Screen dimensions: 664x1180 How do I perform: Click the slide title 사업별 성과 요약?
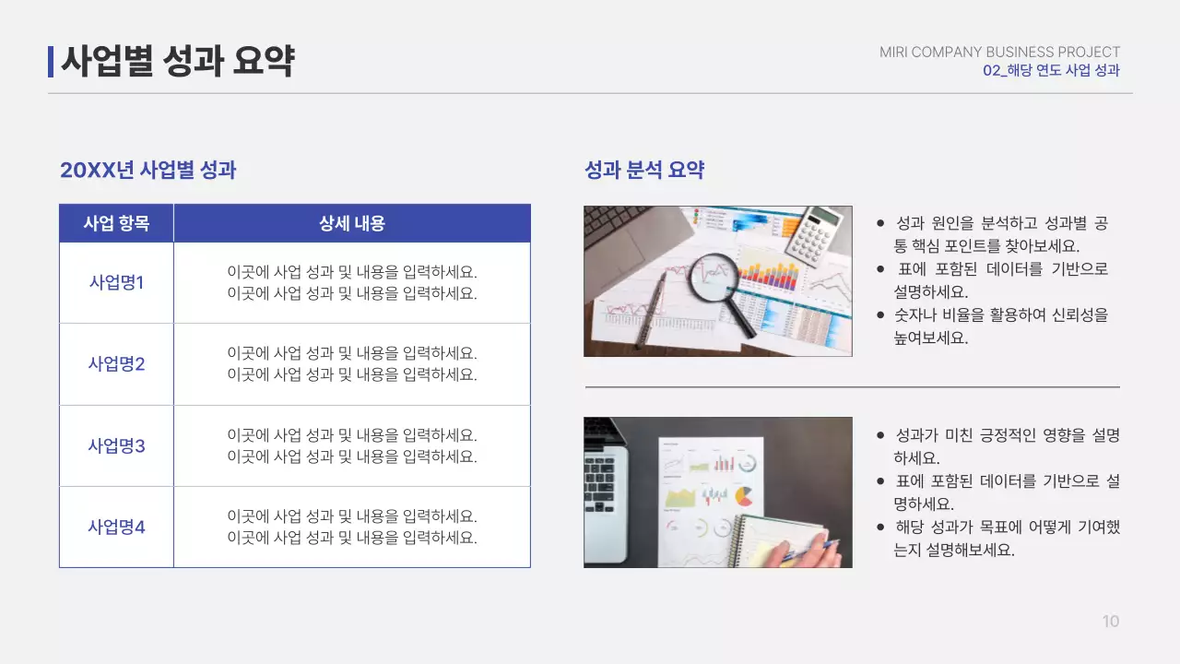click(178, 62)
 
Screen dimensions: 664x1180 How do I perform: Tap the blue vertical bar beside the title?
click(51, 62)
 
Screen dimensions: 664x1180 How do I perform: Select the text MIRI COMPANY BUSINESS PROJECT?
click(999, 53)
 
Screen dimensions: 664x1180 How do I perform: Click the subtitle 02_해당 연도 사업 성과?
click(1051, 71)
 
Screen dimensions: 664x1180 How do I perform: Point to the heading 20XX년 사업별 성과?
click(148, 170)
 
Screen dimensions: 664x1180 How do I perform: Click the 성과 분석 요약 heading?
click(644, 170)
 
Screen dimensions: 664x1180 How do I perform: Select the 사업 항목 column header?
click(116, 223)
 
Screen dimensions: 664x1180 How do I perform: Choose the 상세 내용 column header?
click(352, 223)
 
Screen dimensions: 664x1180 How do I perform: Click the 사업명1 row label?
click(116, 283)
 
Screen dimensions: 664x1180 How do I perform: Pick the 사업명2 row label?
click(116, 364)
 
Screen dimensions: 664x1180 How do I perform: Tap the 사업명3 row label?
click(116, 446)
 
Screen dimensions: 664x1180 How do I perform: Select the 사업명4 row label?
click(116, 528)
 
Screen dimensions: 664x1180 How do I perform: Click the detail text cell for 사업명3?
click(352, 446)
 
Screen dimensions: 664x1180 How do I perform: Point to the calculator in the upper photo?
click(814, 235)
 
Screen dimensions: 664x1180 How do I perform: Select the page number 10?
click(1111, 622)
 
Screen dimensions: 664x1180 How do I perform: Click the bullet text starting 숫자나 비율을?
click(1000, 326)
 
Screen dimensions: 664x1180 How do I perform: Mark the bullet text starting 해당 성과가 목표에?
click(1007, 539)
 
